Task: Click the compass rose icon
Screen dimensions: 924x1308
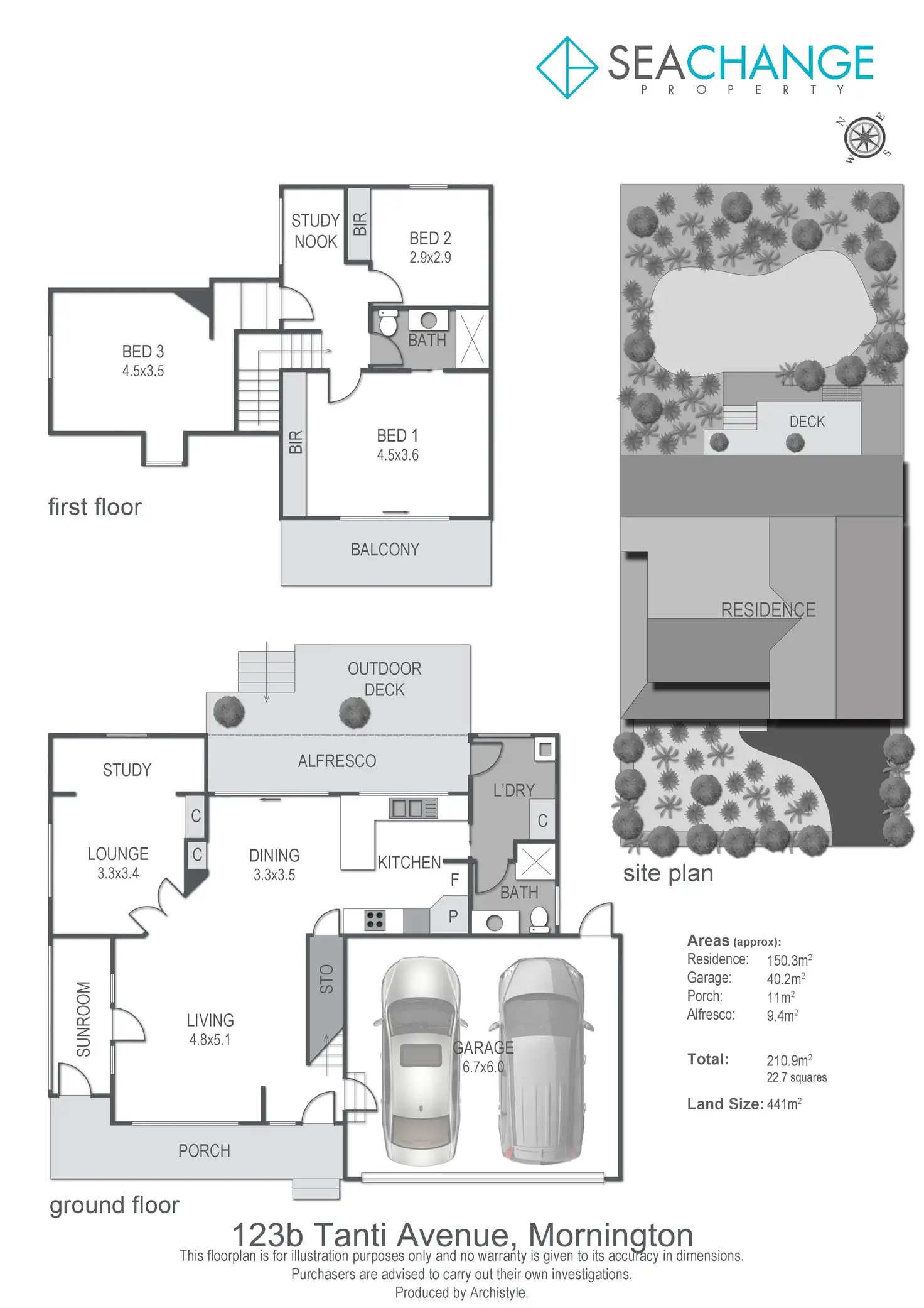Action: coord(865,137)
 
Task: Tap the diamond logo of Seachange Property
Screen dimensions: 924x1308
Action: coord(567,67)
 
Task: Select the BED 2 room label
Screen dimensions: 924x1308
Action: coord(430,238)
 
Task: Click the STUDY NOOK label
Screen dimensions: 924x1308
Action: coord(315,231)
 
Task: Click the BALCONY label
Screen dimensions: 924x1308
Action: coord(385,550)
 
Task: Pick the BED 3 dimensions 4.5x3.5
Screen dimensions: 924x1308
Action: coord(143,371)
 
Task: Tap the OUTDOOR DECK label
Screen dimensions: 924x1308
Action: coord(384,679)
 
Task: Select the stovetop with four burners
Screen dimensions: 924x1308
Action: coord(375,920)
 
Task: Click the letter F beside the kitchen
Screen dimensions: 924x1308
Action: coord(454,880)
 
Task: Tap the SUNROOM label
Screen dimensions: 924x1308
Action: coord(83,1018)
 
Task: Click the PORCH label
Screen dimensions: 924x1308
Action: coord(204,1151)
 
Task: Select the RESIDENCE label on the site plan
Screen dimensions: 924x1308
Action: coord(768,610)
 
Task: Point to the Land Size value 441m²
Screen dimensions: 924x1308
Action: coord(784,1104)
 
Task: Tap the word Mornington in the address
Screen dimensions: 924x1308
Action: coord(610,1235)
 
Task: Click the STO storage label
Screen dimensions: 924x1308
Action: coord(326,979)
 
